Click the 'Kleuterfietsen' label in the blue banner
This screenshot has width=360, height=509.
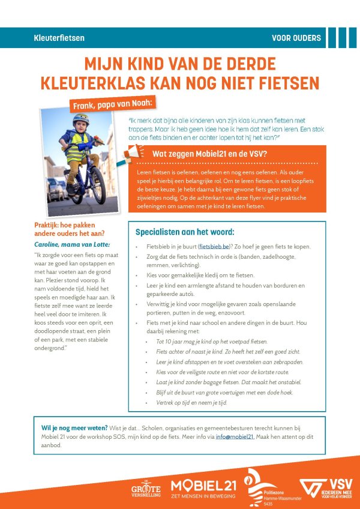click(59, 38)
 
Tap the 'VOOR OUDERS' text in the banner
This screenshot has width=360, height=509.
click(296, 38)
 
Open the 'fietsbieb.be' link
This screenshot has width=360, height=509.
click(218, 247)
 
